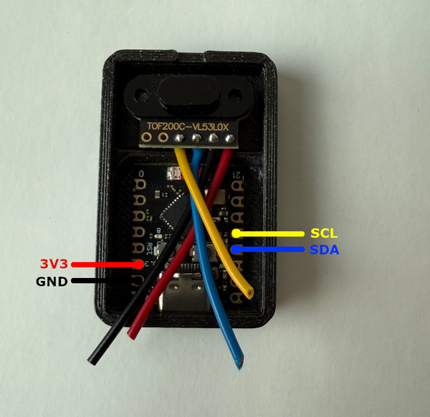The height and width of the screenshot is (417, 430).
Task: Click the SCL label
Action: tap(323, 234)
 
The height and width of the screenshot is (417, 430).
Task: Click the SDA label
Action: tap(324, 250)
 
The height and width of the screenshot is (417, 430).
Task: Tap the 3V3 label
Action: tap(53, 264)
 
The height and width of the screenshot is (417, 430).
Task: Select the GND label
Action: tap(52, 282)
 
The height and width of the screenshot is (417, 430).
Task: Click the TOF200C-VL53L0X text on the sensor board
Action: tap(188, 126)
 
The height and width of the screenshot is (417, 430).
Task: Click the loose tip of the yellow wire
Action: tap(249, 292)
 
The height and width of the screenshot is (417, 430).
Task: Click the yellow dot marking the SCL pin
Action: tap(236, 234)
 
